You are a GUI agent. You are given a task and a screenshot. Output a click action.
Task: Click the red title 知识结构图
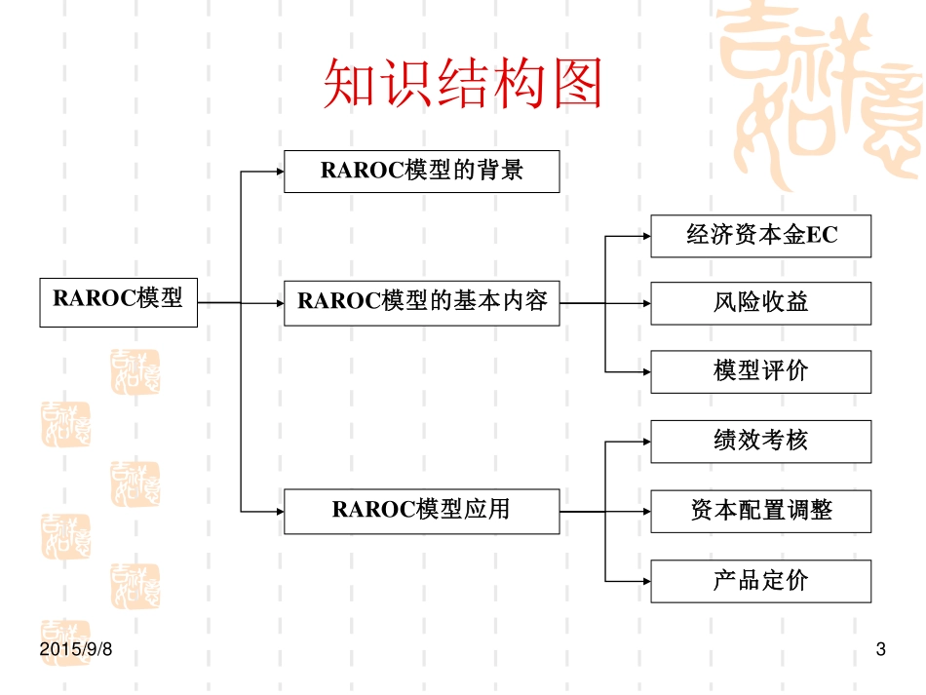[x=462, y=86]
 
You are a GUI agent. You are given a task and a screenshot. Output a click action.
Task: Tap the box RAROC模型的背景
[x=421, y=171]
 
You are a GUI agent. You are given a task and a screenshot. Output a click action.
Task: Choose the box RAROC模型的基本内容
[x=421, y=303]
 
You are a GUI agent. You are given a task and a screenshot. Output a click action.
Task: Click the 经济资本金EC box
[x=760, y=236]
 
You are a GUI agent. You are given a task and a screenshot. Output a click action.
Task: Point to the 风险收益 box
[x=760, y=303]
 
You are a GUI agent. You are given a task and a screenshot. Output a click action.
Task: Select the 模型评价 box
[x=760, y=371]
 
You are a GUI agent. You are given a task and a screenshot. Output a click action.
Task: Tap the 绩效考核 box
[x=760, y=442]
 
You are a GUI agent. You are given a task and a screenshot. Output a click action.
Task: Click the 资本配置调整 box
[x=760, y=512]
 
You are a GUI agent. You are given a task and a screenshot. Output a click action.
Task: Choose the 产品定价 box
[x=760, y=582]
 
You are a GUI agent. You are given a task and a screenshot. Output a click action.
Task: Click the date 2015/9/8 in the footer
[x=77, y=649]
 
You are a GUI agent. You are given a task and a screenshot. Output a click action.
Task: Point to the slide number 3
[x=881, y=649]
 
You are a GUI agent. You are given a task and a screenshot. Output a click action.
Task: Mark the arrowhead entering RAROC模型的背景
[x=278, y=172]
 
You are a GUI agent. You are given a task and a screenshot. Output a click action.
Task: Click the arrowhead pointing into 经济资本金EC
[x=644, y=236]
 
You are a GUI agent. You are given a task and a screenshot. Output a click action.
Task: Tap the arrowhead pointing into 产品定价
[x=644, y=582]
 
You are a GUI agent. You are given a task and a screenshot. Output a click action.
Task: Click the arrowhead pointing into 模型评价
[x=644, y=371]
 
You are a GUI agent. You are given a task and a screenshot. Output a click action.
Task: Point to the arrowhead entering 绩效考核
[x=644, y=442]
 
